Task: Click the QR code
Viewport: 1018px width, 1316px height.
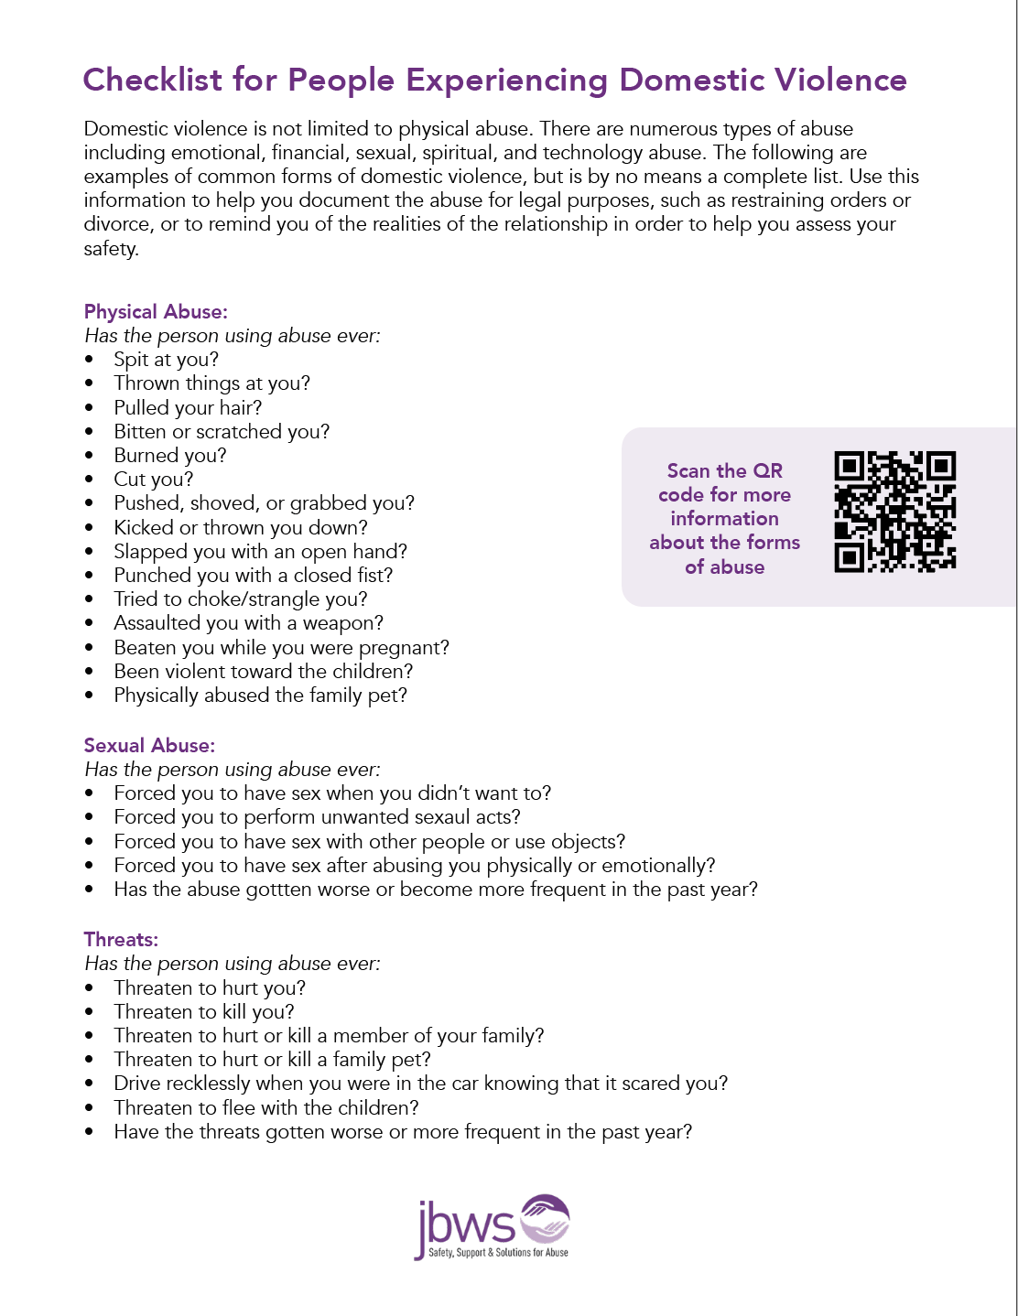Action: pyautogui.click(x=894, y=512)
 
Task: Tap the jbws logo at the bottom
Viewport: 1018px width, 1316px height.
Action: pyautogui.click(x=493, y=1227)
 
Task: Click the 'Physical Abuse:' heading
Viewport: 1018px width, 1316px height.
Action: pyautogui.click(x=156, y=312)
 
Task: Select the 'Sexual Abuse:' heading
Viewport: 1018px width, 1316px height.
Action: pyautogui.click(x=149, y=746)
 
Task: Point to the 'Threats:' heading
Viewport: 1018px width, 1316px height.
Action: pyautogui.click(x=121, y=940)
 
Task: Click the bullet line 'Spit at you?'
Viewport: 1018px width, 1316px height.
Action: pyautogui.click(x=166, y=360)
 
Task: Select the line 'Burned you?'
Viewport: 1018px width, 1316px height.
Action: pyautogui.click(x=169, y=456)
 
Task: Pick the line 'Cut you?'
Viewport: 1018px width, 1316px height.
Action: pyautogui.click(x=153, y=480)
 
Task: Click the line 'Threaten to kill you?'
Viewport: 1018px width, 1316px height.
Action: pyautogui.click(x=203, y=1012)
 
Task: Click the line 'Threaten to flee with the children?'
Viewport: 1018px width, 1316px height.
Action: pyautogui.click(x=265, y=1108)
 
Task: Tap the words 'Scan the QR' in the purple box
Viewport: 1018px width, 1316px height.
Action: pyautogui.click(x=724, y=471)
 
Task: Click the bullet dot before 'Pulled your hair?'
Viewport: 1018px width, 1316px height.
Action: pyautogui.click(x=89, y=408)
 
